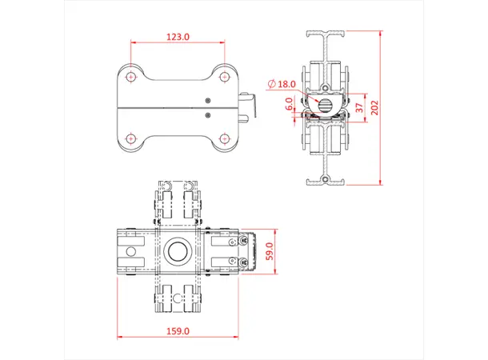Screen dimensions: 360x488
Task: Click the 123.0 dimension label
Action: (177, 37)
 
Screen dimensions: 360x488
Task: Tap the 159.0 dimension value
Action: (178, 330)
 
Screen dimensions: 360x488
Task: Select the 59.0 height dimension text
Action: (270, 252)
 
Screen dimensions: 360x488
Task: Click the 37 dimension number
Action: (360, 107)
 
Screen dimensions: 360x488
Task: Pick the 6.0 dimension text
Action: (289, 105)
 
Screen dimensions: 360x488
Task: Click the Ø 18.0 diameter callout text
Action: (282, 83)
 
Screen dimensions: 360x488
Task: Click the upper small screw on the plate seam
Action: (208, 100)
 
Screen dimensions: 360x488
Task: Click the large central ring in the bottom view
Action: (177, 251)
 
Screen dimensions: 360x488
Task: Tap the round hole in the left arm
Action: (127, 251)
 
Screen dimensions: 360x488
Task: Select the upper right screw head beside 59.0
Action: (233, 242)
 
